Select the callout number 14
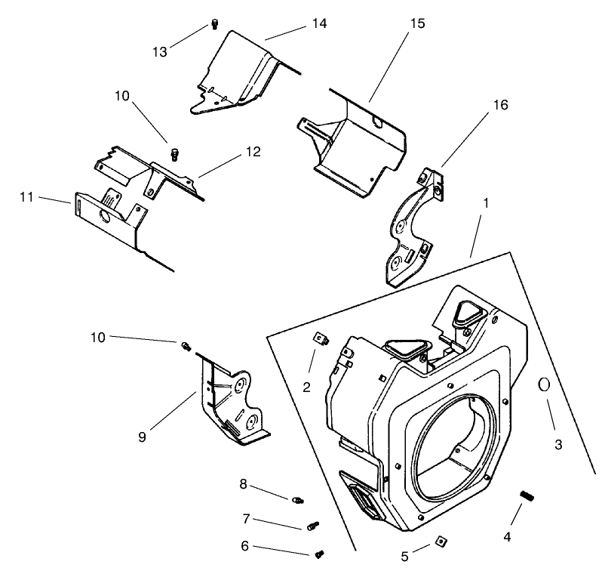click(319, 23)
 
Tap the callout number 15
click(416, 23)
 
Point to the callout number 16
click(499, 105)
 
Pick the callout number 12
click(252, 151)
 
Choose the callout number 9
click(143, 436)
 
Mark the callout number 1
click(487, 203)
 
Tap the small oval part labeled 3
click(542, 384)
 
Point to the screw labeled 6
click(320, 554)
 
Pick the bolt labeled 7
click(313, 524)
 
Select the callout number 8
click(243, 483)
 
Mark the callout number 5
click(404, 557)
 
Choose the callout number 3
click(558, 444)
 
